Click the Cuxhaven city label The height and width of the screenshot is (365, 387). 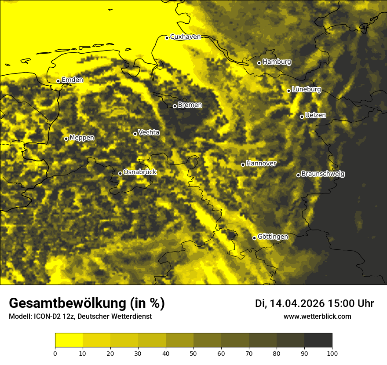(185, 37)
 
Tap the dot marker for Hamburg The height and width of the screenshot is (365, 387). (259, 63)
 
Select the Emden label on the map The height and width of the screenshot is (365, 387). (72, 80)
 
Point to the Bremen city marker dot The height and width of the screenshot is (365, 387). (175, 106)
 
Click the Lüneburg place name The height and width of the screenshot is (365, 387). (307, 90)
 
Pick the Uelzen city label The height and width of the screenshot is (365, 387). (315, 116)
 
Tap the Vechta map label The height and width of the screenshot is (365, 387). (149, 132)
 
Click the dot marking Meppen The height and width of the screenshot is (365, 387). (66, 139)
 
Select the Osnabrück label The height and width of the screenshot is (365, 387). (140, 172)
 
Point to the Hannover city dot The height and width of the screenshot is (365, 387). (243, 164)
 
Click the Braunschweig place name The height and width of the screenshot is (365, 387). (323, 174)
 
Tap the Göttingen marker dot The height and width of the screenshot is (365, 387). (254, 238)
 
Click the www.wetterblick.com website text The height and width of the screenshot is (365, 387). (317, 316)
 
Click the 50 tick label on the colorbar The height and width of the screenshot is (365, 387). (193, 353)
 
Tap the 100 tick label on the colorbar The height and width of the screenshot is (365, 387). (332, 353)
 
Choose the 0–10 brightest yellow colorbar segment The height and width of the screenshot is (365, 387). (69, 340)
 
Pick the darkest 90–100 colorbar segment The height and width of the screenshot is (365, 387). (318, 340)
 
